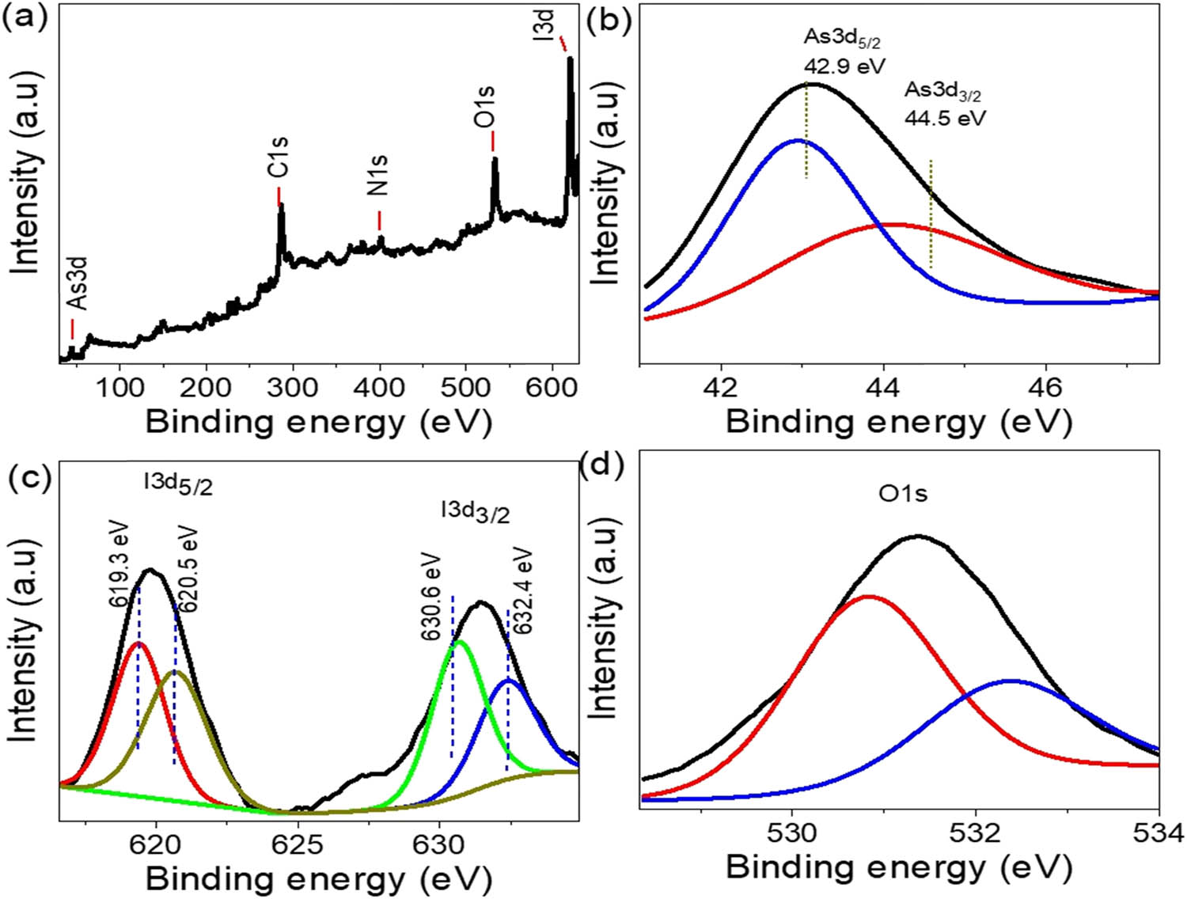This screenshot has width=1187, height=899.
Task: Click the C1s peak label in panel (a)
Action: (x=279, y=157)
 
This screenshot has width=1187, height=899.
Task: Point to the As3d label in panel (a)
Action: (x=77, y=283)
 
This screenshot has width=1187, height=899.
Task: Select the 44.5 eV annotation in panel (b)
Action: (x=946, y=118)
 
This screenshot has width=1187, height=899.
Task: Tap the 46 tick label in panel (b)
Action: (x=1046, y=388)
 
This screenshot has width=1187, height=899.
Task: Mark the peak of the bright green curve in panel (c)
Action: (x=459, y=643)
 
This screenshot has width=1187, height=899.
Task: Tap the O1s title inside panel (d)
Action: (x=903, y=495)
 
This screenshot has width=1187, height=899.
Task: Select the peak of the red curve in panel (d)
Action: (x=868, y=597)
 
